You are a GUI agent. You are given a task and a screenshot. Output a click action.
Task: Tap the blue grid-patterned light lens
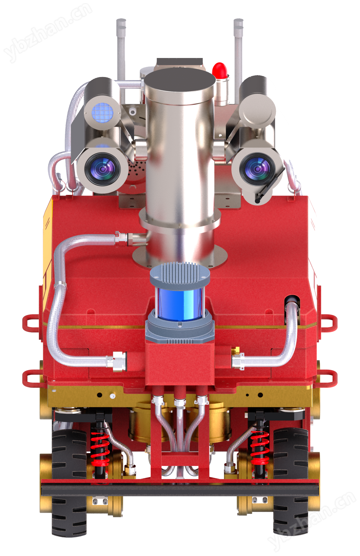(x=102, y=113)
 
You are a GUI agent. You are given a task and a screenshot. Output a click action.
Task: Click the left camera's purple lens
(x=102, y=169)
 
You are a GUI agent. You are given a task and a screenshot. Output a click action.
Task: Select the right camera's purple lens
(x=257, y=169)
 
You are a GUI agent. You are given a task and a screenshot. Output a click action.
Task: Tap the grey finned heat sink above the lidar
(x=180, y=274)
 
